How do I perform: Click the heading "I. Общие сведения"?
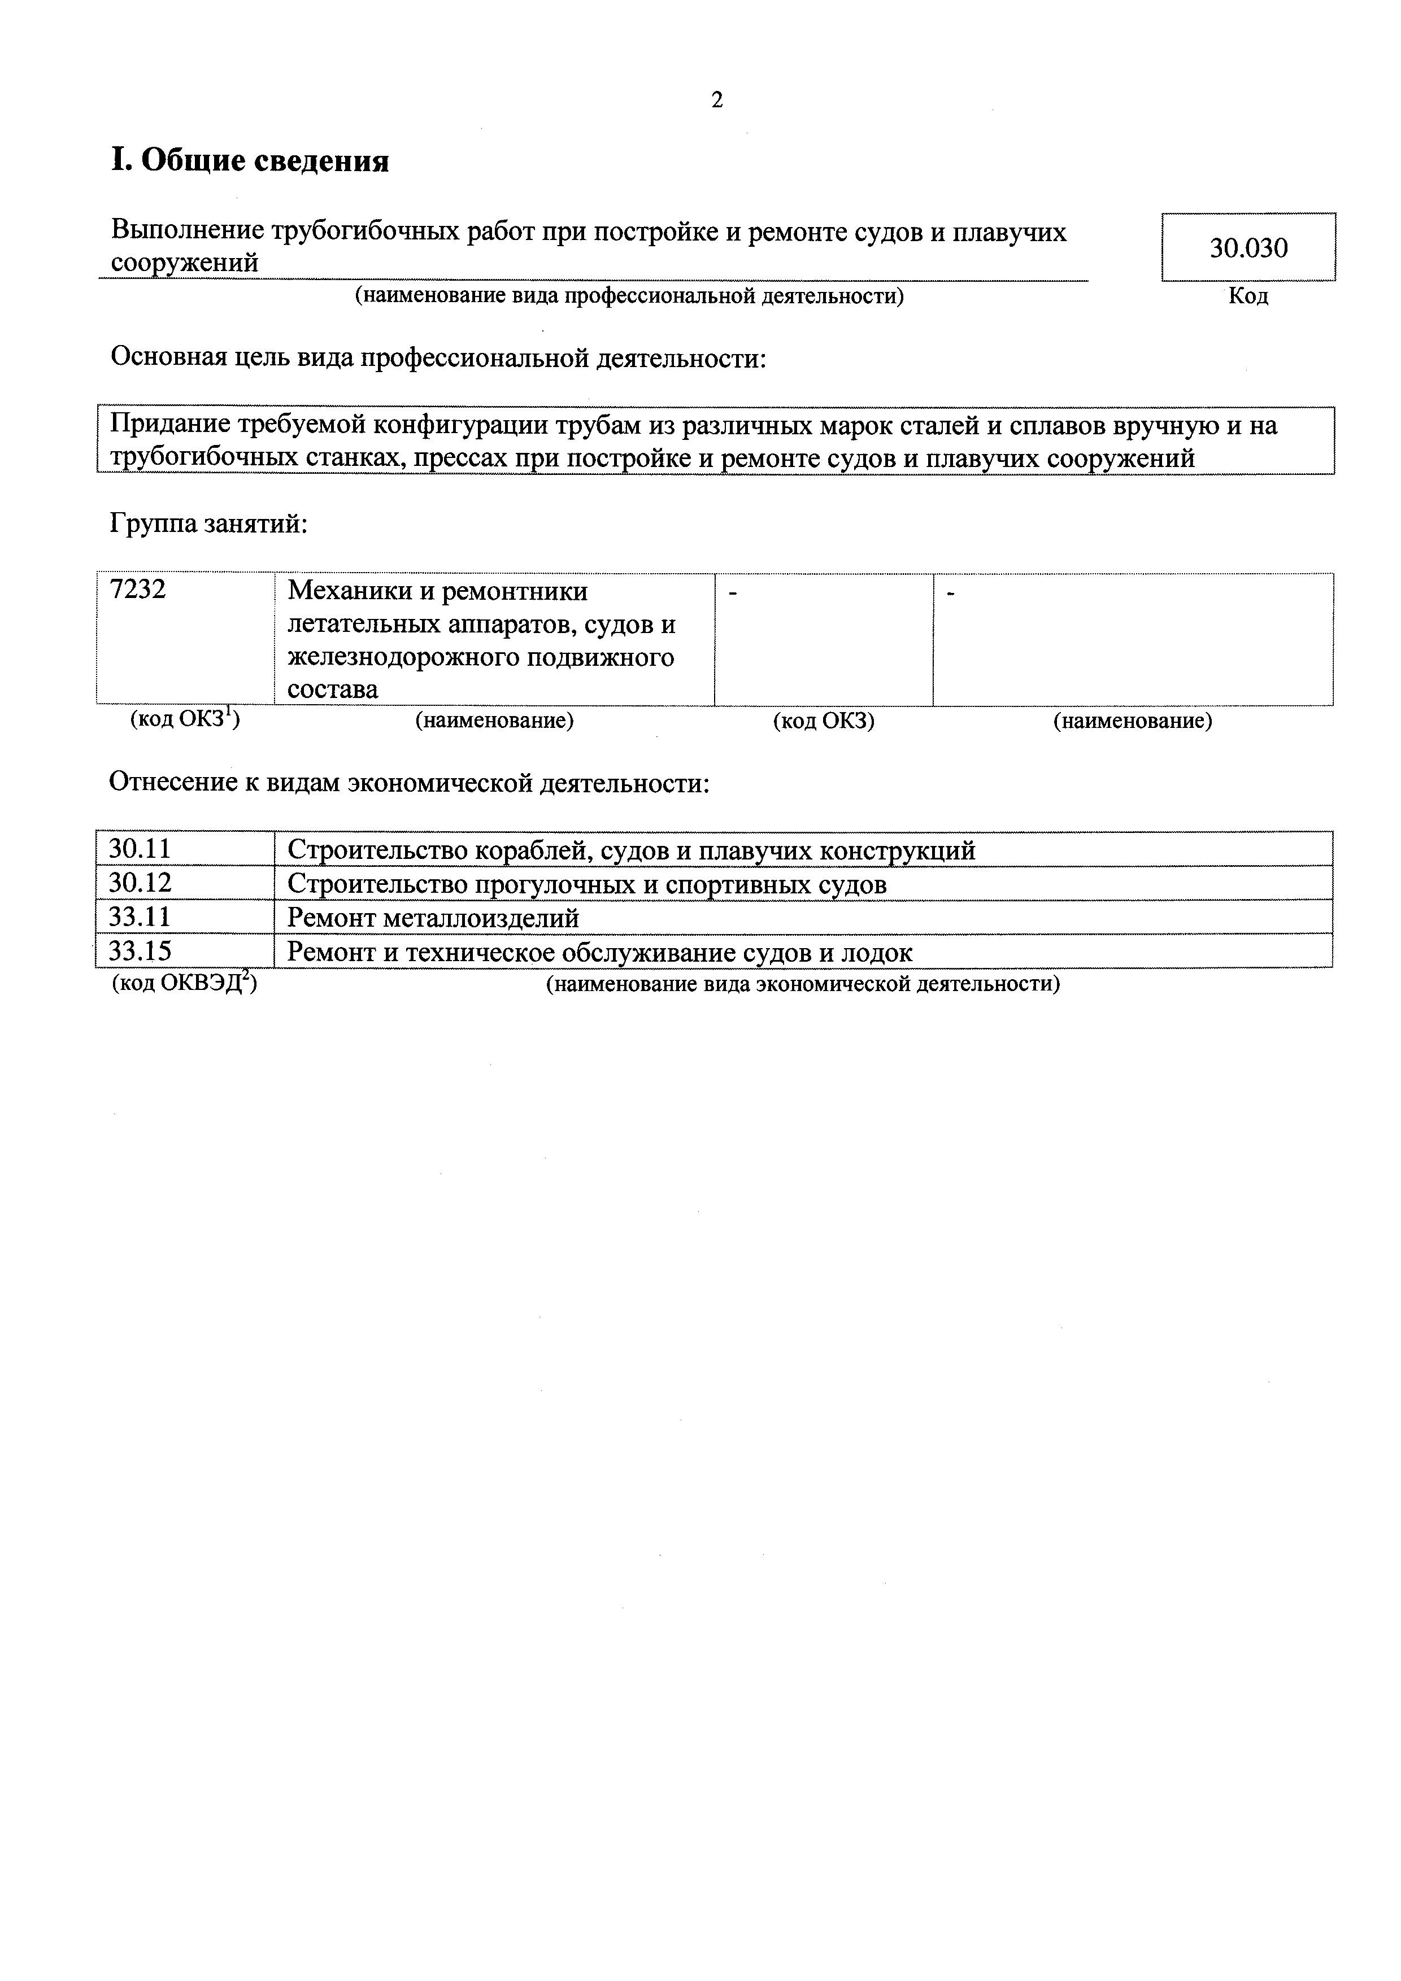tap(250, 160)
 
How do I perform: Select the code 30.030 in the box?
tap(1248, 248)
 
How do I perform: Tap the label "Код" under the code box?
tap(1248, 297)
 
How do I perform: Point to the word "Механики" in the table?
tap(350, 592)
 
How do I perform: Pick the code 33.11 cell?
tap(140, 917)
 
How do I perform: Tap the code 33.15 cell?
tap(140, 951)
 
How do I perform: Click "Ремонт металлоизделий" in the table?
tap(433, 918)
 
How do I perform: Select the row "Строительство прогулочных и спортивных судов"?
tap(586, 884)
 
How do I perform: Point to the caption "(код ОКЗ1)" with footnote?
tap(185, 719)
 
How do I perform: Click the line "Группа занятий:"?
tap(208, 523)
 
